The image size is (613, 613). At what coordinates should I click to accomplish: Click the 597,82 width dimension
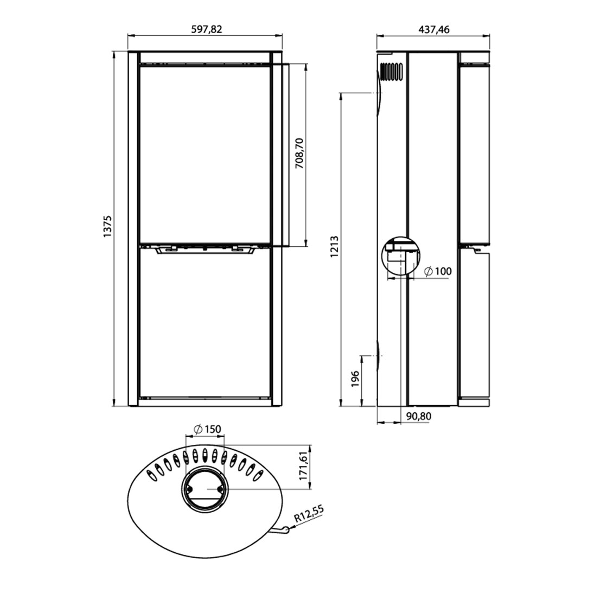coord(207,29)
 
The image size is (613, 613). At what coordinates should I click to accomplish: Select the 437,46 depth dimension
coord(434,29)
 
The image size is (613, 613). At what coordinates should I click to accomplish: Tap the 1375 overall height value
coord(107,226)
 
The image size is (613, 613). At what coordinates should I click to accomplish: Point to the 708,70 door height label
coord(299,153)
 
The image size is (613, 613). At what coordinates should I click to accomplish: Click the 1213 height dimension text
coord(334,246)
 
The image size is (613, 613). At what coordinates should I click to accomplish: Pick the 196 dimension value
coord(355,379)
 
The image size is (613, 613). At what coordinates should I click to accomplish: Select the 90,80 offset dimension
coord(419,417)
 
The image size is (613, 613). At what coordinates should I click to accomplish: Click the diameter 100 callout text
coord(438,271)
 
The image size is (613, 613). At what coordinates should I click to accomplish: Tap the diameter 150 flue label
coord(208,429)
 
